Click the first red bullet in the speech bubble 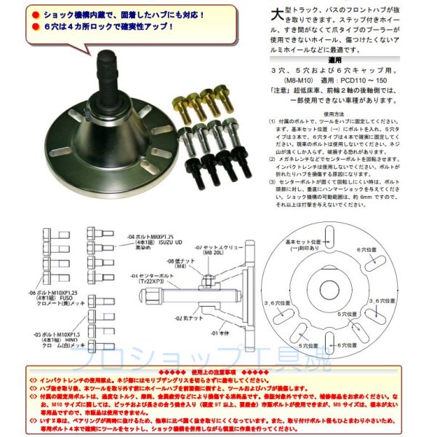click(35, 15)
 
